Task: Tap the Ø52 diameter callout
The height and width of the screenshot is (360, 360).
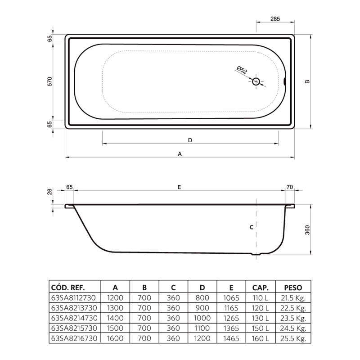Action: [x=242, y=70]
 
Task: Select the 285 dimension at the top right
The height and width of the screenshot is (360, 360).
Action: [x=275, y=19]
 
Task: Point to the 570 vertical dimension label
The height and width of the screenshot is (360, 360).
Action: [x=49, y=81]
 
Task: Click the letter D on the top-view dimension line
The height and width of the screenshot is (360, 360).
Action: [x=190, y=140]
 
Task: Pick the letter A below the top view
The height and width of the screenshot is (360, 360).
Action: [x=180, y=154]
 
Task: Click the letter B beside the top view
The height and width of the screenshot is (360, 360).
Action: [x=307, y=81]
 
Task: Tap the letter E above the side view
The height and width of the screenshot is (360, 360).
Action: [x=179, y=187]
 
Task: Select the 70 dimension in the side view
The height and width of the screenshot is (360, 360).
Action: [x=290, y=187]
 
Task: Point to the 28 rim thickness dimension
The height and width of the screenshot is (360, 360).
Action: [x=49, y=192]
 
